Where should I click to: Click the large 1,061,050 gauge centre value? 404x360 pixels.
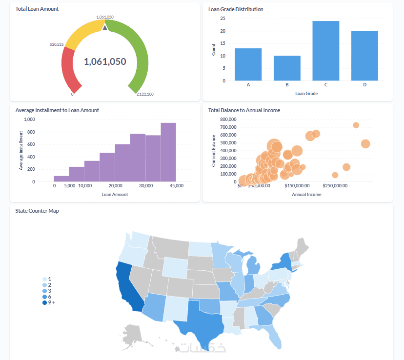coord(105,61)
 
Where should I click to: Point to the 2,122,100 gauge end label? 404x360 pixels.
coord(145,94)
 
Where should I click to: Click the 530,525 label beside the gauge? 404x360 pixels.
coord(57,44)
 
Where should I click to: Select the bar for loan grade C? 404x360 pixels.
coord(325,51)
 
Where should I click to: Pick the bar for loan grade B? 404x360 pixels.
coord(287,68)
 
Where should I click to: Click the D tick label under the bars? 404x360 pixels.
coord(364,85)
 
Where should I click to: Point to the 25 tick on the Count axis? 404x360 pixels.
coord(222,19)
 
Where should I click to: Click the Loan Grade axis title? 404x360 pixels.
coord(306,93)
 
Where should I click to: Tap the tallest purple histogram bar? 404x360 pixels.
coord(168,152)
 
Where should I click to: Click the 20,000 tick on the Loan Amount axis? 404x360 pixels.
coord(115,186)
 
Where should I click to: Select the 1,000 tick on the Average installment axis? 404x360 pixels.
coord(29,119)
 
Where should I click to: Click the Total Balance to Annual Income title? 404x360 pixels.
coord(244,110)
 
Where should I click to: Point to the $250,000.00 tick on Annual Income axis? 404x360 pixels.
coord(335,186)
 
